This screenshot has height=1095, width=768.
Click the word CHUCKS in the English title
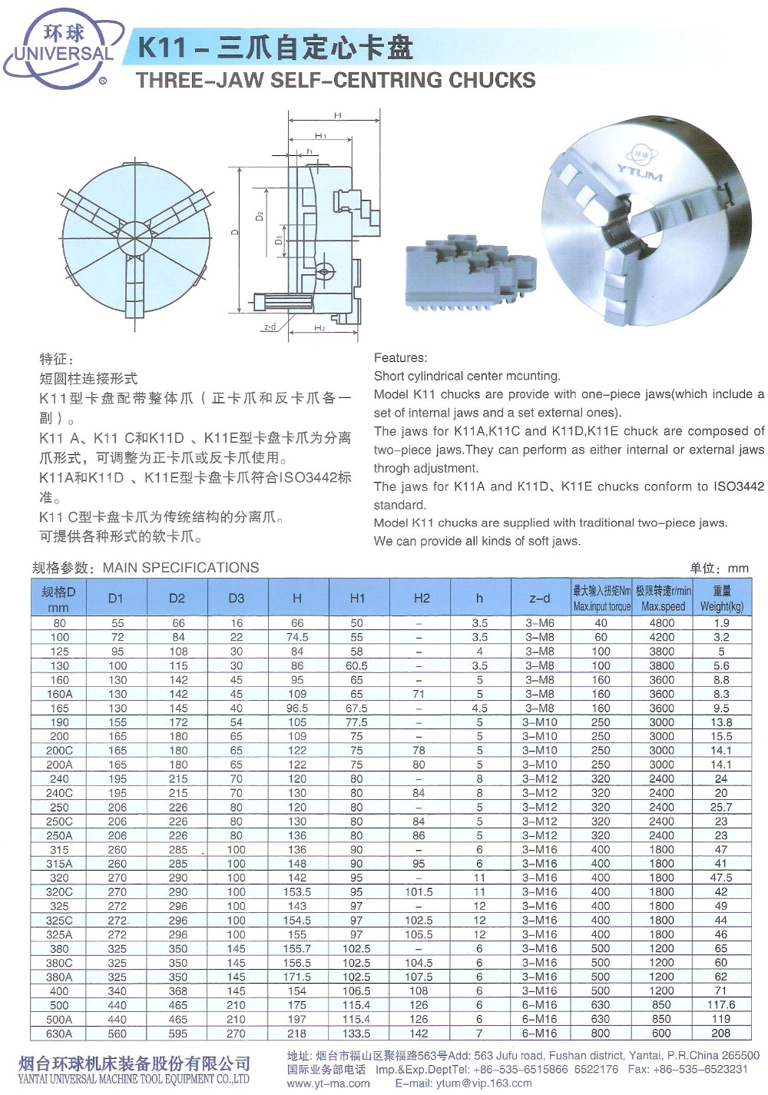[492, 80]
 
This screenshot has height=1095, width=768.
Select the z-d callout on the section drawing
[270, 327]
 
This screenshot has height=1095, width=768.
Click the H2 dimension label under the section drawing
[319, 328]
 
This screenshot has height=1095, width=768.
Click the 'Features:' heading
[400, 357]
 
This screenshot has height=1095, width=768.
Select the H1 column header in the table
[357, 598]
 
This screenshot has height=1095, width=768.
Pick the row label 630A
[59, 1034]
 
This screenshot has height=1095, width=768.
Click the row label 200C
[59, 750]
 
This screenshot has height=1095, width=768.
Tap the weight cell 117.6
[721, 1005]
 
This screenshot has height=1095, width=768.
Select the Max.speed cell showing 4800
[661, 623]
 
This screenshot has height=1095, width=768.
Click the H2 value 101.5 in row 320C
[419, 892]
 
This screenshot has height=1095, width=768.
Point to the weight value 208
[721, 1034]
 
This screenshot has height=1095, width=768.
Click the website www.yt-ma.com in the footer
[328, 1083]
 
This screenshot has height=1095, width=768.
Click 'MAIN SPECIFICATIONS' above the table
[181, 568]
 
